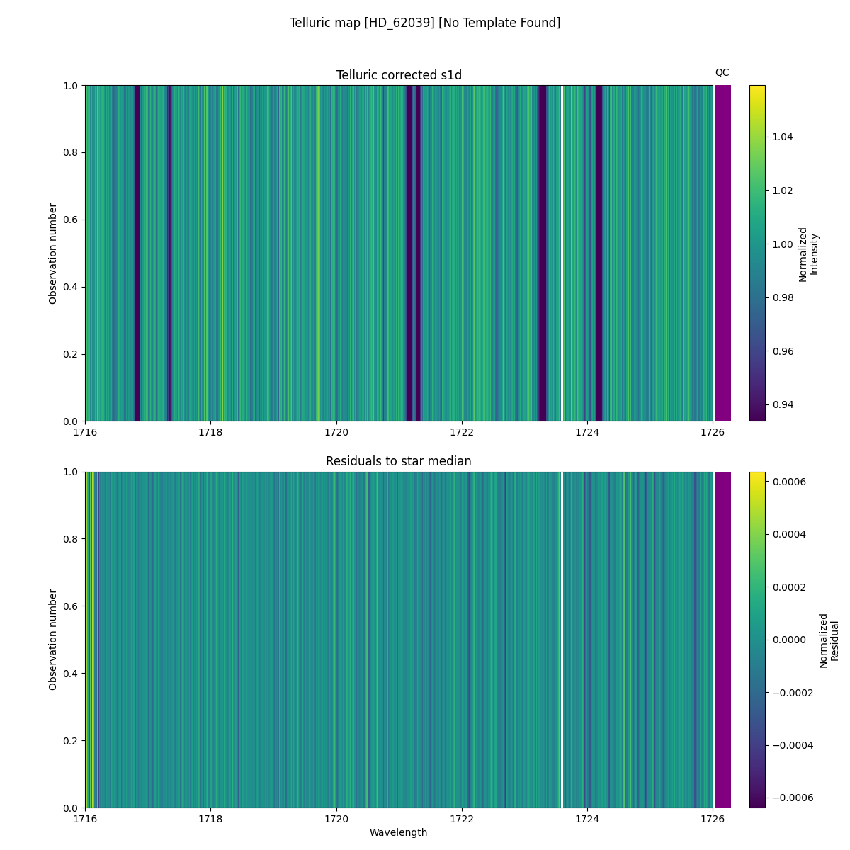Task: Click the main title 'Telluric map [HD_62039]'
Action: click(x=424, y=23)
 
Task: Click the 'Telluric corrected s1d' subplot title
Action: click(x=399, y=75)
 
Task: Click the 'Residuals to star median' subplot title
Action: click(x=399, y=461)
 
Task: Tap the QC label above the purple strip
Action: click(x=722, y=72)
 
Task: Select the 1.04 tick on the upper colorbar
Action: click(x=783, y=137)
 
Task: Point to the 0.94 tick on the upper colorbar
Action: click(x=783, y=404)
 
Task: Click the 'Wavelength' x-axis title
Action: click(x=399, y=832)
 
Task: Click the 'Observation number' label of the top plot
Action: click(x=53, y=254)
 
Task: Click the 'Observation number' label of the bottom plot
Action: click(x=53, y=640)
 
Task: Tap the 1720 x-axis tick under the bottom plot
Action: click(x=336, y=819)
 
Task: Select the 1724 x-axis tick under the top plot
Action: click(x=587, y=432)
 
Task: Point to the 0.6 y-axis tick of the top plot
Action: click(x=72, y=220)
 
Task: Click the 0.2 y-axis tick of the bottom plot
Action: click(x=72, y=741)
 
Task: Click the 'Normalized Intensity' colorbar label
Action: click(x=808, y=254)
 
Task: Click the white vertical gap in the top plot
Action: click(x=562, y=254)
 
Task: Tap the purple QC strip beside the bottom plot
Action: click(x=722, y=640)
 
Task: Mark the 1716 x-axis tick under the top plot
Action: click(x=85, y=432)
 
